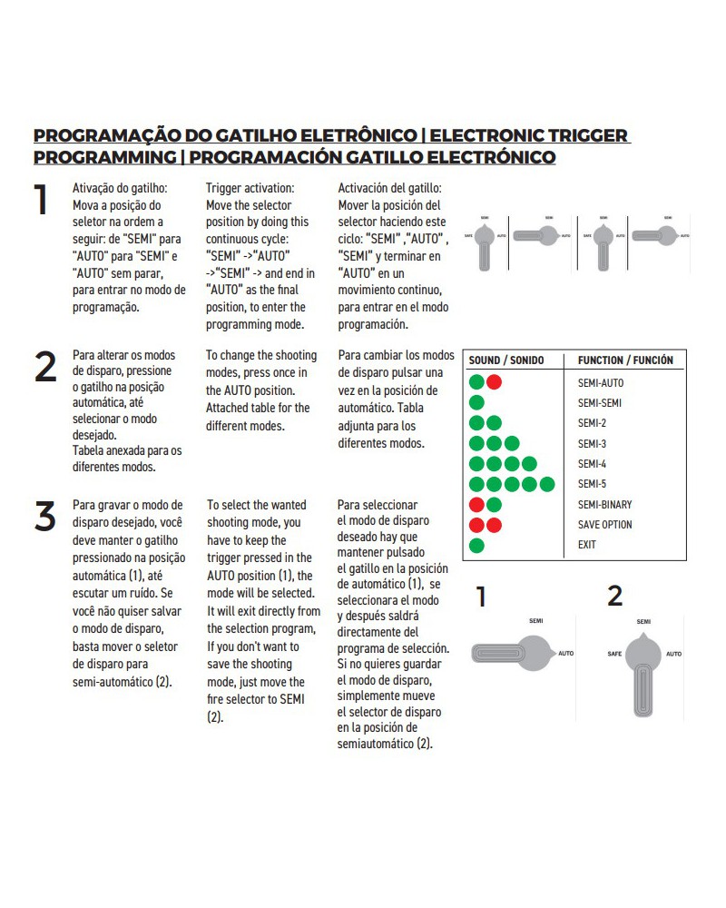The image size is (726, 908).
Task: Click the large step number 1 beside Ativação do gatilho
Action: pyautogui.click(x=41, y=200)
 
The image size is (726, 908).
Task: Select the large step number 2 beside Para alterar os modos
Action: pyautogui.click(x=45, y=367)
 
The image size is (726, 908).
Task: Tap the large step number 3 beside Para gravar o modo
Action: pyautogui.click(x=45, y=516)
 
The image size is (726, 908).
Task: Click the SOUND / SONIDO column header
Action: pyautogui.click(x=506, y=360)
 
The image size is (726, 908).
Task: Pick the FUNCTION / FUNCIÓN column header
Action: pyautogui.click(x=625, y=360)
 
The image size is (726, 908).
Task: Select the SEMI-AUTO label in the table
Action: pyautogui.click(x=601, y=383)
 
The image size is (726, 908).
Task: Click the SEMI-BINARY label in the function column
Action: pyautogui.click(x=604, y=504)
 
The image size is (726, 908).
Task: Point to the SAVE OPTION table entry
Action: pyautogui.click(x=604, y=525)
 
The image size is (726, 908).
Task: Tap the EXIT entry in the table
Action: pyautogui.click(x=586, y=545)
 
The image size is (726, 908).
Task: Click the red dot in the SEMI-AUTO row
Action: pyautogui.click(x=494, y=382)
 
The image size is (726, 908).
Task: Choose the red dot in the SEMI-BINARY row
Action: pyautogui.click(x=476, y=504)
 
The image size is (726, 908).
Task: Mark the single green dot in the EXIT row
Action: pyautogui.click(x=476, y=546)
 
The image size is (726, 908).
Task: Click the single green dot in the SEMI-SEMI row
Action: pyautogui.click(x=476, y=402)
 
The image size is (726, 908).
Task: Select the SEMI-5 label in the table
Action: pyautogui.click(x=592, y=484)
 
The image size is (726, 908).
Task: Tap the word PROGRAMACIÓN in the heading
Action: pyautogui.click(x=265, y=157)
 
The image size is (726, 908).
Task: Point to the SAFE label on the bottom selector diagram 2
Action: pyautogui.click(x=614, y=654)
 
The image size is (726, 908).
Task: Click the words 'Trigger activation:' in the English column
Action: pyautogui.click(x=250, y=188)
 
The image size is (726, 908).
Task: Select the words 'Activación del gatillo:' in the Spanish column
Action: pyautogui.click(x=389, y=188)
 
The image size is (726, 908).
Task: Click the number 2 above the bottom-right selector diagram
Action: pyautogui.click(x=615, y=596)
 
